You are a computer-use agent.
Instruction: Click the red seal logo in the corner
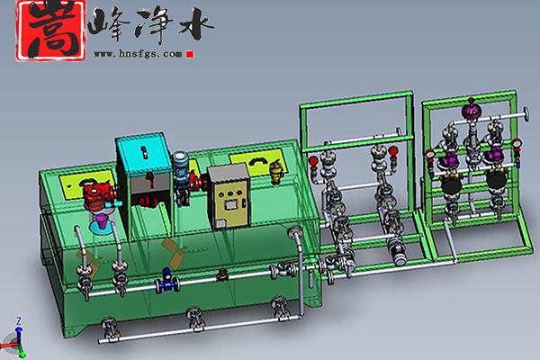point(50,31)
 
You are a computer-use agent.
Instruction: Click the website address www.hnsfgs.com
point(138,54)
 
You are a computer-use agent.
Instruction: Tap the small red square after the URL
point(189,54)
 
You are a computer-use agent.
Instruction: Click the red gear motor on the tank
point(98,194)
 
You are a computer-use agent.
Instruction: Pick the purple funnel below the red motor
point(103,220)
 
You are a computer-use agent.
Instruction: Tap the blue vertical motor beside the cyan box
point(182,166)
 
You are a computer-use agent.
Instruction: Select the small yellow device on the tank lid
point(275,171)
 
